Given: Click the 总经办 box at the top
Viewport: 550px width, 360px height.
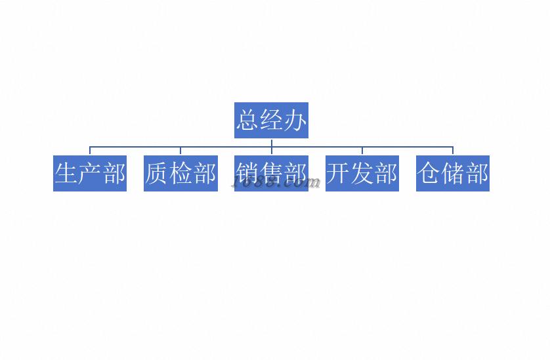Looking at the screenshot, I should [x=271, y=121].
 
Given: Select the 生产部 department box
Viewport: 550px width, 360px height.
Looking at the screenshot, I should [x=90, y=174].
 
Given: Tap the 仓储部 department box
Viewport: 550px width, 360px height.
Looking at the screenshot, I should [x=453, y=174].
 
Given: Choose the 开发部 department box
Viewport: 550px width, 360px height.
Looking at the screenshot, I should [x=362, y=174].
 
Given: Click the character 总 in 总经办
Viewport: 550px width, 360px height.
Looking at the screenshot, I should [x=248, y=121].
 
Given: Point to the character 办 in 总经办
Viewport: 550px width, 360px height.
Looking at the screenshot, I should [x=295, y=121].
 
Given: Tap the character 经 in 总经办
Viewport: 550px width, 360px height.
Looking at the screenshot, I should [x=272, y=121].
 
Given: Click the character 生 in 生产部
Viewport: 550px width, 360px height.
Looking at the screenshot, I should [x=66, y=174].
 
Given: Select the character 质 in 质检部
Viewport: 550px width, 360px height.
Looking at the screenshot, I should [x=157, y=174].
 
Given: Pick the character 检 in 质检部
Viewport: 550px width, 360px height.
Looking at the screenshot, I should [x=180, y=174].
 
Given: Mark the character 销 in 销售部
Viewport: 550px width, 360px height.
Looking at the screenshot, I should [x=247, y=173].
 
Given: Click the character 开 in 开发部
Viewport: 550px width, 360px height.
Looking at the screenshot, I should [x=339, y=174].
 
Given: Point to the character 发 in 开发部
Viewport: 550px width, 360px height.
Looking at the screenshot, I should [x=362, y=174].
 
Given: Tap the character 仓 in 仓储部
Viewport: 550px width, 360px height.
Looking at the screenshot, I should [x=429, y=174].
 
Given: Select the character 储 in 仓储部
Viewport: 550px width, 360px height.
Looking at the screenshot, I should [x=453, y=174].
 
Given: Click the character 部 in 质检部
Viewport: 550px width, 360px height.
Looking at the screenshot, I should [x=204, y=174].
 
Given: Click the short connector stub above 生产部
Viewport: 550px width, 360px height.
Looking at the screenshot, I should [x=90, y=151].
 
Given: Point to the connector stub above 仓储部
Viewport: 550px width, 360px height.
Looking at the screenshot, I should [x=453, y=151].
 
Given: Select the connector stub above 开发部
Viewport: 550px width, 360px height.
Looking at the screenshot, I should [x=362, y=151].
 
